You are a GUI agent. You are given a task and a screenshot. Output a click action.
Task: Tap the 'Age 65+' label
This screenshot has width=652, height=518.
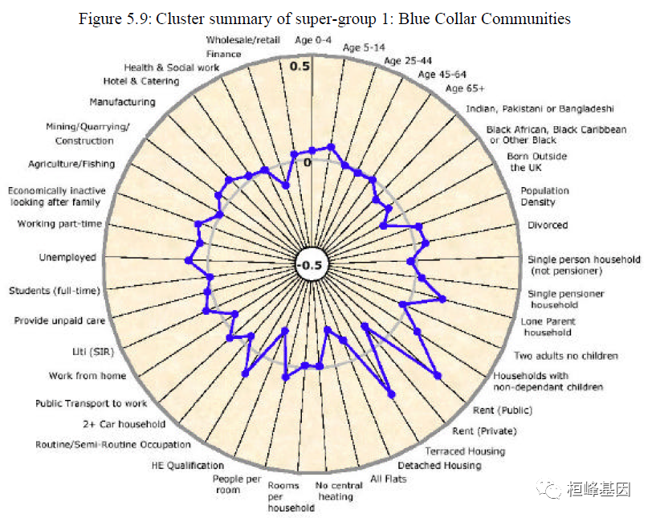465,88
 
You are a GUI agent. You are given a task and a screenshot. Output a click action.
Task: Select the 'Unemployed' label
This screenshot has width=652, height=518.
67,258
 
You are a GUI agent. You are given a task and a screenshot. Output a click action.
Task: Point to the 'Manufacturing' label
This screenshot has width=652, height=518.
122,102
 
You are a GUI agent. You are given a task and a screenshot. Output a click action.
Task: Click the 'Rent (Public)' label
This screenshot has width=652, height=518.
503,410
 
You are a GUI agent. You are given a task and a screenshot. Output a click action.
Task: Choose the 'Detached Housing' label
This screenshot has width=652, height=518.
439,465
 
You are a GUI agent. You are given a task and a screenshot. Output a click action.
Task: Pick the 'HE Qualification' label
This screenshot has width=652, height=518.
188,465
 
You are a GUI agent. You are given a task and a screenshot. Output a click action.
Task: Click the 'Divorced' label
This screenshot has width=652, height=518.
548,225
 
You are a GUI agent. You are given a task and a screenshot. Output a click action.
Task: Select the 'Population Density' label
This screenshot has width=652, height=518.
544,196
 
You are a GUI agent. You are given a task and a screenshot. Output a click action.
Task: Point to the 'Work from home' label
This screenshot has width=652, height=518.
88,375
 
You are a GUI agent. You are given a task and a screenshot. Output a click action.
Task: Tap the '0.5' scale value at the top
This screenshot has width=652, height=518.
300,66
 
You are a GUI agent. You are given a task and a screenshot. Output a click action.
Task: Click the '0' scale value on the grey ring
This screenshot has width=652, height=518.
307,162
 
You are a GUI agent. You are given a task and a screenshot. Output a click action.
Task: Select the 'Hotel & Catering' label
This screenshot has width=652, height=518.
141,81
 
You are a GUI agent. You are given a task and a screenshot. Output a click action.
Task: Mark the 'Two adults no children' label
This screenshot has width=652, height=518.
566,356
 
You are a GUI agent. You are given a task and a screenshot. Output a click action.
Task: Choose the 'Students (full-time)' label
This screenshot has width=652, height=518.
54,290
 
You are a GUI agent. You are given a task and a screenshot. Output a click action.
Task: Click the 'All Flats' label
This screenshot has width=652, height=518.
389,479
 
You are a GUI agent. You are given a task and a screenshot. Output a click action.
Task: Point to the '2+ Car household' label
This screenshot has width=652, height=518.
124,423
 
